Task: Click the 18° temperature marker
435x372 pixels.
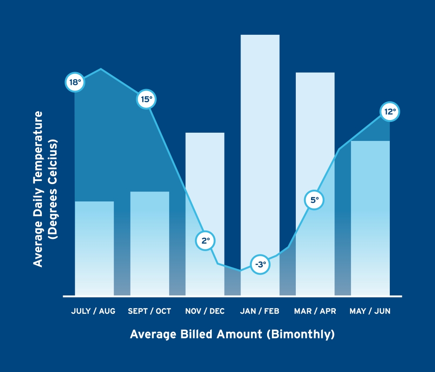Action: click(75, 83)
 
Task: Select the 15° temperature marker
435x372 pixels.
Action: click(146, 99)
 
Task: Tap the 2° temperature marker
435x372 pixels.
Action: click(205, 240)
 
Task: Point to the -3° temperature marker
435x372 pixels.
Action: click(260, 264)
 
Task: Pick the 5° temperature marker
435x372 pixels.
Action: click(314, 200)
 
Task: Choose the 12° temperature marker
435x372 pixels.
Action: click(389, 111)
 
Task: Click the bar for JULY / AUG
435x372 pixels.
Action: click(94, 248)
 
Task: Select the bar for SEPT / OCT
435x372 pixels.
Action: click(150, 244)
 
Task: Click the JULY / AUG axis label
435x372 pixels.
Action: click(93, 311)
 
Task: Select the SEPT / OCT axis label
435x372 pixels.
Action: click(150, 311)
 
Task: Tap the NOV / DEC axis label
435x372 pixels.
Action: click(205, 311)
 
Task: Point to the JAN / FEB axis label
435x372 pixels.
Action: click(260, 311)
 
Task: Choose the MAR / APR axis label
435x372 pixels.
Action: click(315, 311)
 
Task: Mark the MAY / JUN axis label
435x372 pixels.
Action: click(370, 311)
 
